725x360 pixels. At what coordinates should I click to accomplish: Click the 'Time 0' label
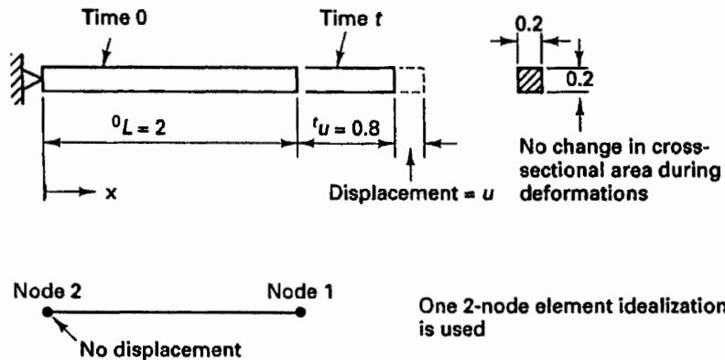[114, 19]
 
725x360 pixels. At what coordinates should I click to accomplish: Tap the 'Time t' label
[352, 19]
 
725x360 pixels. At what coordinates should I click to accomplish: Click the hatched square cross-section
[530, 80]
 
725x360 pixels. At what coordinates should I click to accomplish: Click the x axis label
[110, 193]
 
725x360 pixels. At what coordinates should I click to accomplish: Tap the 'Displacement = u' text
[409, 194]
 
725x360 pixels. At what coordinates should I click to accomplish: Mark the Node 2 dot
[48, 311]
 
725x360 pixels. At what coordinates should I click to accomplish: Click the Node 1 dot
[300, 311]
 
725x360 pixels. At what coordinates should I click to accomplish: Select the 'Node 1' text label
[300, 292]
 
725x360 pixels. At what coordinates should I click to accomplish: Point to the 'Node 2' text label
[48, 292]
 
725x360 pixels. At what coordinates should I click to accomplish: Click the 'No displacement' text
[160, 348]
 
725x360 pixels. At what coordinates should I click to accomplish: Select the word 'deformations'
[583, 194]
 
